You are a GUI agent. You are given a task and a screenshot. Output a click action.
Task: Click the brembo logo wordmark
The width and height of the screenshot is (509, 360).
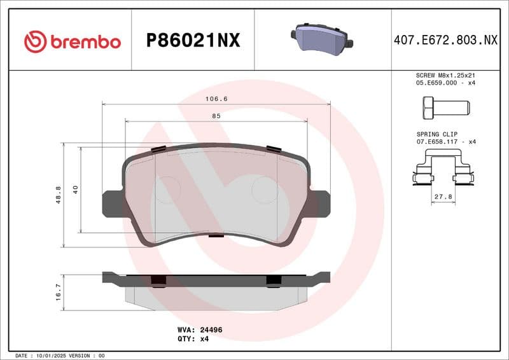click(73, 42)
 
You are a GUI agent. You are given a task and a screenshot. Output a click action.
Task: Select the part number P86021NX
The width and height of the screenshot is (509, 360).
click(193, 41)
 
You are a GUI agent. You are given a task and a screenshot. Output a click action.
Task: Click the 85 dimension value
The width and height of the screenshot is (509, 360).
click(216, 116)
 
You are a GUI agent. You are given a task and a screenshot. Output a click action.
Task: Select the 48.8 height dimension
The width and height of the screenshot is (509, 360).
click(59, 195)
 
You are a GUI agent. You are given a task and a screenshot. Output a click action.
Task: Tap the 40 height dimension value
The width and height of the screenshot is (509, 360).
click(76, 190)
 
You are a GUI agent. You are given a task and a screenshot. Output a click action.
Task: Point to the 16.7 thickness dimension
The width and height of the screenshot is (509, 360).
click(59, 292)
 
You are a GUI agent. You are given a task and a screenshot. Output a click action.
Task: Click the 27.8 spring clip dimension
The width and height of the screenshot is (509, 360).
click(443, 197)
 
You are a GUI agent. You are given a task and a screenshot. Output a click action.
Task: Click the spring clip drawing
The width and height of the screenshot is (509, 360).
click(443, 173)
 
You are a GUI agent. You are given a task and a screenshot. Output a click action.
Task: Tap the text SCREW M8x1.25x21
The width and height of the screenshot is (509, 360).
click(445, 75)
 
